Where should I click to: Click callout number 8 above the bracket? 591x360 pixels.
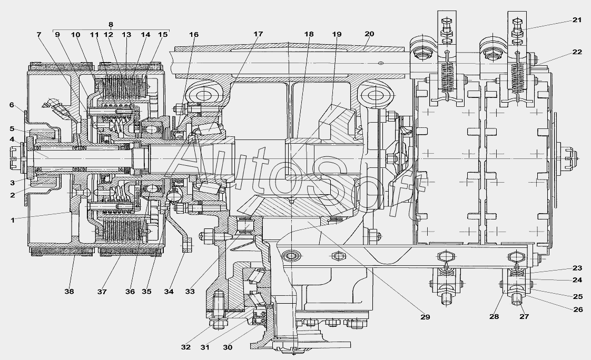111,25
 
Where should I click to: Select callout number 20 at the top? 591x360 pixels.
369,34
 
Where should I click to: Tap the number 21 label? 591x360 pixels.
577,20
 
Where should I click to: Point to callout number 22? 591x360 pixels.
577,52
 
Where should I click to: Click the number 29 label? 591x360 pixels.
425,317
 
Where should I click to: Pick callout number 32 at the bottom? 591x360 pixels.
186,347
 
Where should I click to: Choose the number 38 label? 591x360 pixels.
69,291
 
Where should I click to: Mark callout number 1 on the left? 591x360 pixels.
13,221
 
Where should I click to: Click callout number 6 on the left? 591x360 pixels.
12,105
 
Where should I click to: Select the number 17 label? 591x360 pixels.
258,34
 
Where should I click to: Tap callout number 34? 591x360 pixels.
169,292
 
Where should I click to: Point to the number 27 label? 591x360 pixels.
524,317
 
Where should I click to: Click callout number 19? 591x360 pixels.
337,34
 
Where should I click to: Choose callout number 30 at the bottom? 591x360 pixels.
228,347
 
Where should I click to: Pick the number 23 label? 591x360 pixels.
577,268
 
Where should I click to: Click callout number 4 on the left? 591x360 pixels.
12,139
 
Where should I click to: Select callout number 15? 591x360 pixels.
162,35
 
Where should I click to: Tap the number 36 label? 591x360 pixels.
130,292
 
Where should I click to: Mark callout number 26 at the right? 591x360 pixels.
578,309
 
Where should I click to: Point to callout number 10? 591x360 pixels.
75,35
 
